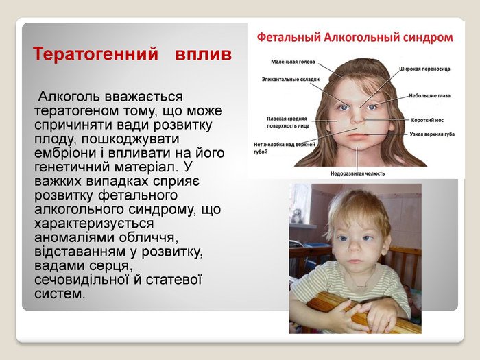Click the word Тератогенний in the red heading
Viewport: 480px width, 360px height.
95,54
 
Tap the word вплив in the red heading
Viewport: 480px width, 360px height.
203,54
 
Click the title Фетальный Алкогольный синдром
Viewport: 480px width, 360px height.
355,38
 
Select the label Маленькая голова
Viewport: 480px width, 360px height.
293,62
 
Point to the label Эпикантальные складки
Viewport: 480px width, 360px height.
291,80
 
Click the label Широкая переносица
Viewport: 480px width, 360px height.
424,69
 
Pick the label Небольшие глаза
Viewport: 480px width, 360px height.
429,96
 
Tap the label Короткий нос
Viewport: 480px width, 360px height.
427,120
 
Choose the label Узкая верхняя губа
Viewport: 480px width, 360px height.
432,134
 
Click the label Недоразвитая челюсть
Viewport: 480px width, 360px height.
357,174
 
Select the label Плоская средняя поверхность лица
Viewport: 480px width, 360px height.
288,122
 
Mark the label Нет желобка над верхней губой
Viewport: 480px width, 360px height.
285,148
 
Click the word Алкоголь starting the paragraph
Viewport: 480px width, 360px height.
69,97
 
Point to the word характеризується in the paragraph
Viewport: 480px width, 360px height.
94,223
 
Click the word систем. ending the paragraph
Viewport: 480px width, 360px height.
60,293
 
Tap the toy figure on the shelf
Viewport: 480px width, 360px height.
296,216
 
